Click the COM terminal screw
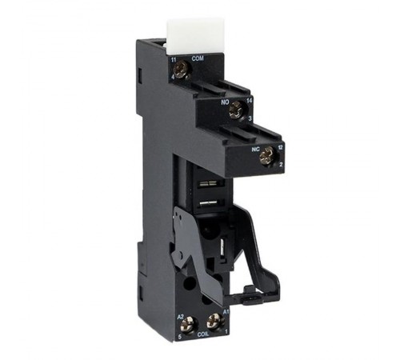(x=182, y=70)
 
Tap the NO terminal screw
(x=235, y=111)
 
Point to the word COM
(x=197, y=59)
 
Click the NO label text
(x=226, y=102)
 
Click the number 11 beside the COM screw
(x=173, y=61)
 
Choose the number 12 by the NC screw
(x=280, y=146)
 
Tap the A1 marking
(x=226, y=310)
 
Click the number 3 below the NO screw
(x=250, y=118)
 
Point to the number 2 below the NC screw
(x=281, y=163)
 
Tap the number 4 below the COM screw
(x=172, y=77)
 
